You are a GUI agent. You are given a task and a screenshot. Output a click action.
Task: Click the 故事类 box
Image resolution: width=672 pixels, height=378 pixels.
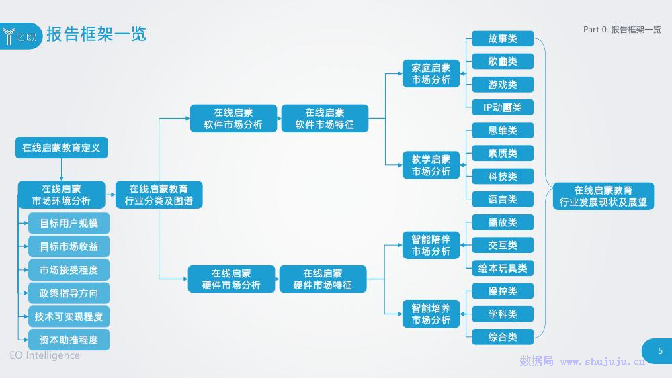503,39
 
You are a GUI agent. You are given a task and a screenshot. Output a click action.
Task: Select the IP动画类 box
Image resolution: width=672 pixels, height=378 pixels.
503,107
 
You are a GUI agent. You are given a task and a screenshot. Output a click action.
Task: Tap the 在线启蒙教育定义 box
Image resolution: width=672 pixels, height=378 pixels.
61,148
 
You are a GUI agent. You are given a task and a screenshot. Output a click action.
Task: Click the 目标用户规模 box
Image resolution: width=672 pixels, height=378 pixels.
69,224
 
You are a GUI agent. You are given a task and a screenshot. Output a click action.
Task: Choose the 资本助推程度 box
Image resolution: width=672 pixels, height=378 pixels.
69,340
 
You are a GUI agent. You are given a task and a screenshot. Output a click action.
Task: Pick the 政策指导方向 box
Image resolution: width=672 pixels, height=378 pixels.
69,293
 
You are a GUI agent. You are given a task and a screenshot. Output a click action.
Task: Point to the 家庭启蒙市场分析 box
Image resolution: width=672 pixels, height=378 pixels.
431,74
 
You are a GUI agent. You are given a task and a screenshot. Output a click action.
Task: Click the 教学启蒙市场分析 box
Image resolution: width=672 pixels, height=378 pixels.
431,165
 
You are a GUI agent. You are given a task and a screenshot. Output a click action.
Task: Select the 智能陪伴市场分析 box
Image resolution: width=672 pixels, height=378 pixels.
431,245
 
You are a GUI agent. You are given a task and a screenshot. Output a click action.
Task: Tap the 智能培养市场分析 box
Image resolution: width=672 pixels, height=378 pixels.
431,314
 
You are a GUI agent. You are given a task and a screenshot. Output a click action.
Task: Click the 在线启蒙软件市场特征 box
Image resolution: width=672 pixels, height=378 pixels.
325,119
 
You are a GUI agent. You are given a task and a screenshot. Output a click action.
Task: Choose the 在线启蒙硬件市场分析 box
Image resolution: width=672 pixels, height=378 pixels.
231,279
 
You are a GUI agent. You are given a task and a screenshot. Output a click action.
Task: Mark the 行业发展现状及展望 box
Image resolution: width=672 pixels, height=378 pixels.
603,196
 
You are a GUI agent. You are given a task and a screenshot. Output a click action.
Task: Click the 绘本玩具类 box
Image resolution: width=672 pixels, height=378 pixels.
503,268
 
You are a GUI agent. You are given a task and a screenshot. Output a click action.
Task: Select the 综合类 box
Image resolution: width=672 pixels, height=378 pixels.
503,337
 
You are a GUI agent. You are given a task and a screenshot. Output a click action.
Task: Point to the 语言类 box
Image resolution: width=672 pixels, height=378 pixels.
503,199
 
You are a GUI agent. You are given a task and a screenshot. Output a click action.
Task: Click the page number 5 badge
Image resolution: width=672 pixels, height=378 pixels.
659,351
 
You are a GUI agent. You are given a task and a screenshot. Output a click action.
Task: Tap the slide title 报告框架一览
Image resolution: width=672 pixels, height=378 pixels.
96,34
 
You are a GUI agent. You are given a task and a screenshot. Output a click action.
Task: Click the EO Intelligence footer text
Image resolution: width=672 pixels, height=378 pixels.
44,355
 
